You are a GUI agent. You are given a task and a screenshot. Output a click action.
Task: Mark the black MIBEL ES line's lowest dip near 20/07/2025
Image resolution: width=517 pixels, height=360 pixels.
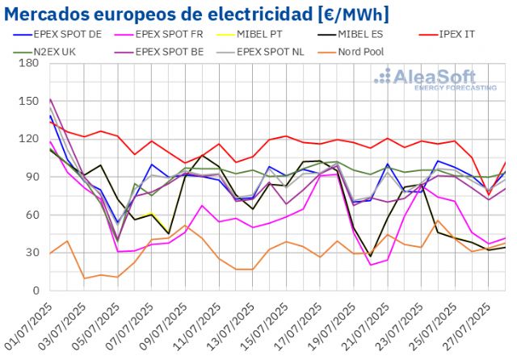point(371,256)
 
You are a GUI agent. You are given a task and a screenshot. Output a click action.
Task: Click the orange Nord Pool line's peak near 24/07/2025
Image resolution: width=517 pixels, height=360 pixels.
point(438,220)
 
